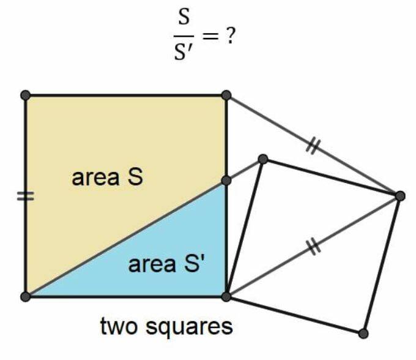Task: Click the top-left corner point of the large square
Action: [x=25, y=95]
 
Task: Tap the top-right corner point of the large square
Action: [x=226, y=95]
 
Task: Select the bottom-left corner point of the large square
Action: [x=25, y=296]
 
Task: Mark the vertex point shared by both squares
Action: [x=226, y=296]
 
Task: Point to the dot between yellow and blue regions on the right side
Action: [x=226, y=180]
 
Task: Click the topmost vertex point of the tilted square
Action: [x=263, y=159]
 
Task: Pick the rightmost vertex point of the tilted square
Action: [x=400, y=195]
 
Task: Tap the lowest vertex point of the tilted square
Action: [x=363, y=333]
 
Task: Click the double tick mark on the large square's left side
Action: [x=25, y=196]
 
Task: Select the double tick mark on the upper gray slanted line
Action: [x=313, y=146]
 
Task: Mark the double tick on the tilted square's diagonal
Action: [x=313, y=246]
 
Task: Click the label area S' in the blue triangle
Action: [x=166, y=264]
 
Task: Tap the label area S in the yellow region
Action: [x=107, y=178]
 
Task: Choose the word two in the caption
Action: [x=119, y=326]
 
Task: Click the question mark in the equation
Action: [x=231, y=35]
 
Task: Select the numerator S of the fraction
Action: [x=182, y=18]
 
